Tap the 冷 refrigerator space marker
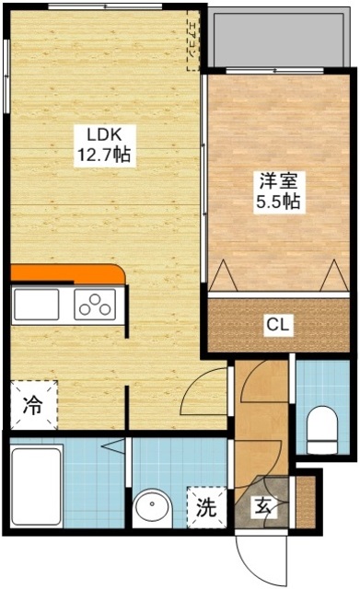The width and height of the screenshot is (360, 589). [x=31, y=404]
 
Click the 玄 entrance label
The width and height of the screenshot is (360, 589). [x=265, y=506]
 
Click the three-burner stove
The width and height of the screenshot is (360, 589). [x=96, y=305]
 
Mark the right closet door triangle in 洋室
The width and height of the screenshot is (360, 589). [x=333, y=275]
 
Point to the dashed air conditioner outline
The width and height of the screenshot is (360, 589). [x=192, y=40]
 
